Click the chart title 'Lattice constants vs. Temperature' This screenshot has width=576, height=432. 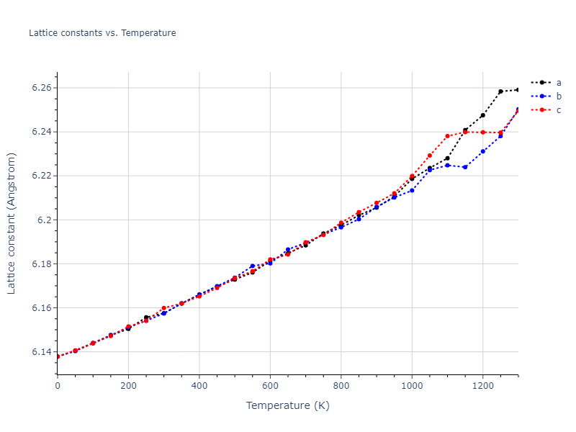[x=102, y=33]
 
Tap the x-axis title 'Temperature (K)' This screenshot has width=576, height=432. [x=287, y=405]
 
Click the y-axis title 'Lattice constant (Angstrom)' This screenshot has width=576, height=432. [x=12, y=223]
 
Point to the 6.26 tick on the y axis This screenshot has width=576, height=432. [x=41, y=88]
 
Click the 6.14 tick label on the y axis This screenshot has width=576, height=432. [x=41, y=352]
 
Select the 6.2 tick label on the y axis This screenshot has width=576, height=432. [x=44, y=220]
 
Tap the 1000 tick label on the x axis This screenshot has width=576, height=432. [x=412, y=386]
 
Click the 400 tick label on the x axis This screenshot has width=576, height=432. [x=199, y=386]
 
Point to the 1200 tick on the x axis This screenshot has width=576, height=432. [x=482, y=386]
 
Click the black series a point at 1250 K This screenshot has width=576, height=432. [x=500, y=91]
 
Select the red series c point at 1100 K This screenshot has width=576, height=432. [x=447, y=136]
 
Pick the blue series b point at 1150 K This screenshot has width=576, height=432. [x=465, y=167]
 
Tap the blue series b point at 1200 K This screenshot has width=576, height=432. [x=482, y=151]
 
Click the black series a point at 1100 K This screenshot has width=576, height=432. [x=447, y=158]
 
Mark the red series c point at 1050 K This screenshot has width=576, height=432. [x=430, y=156]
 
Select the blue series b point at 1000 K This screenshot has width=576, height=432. [x=412, y=190]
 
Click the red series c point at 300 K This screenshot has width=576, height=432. [x=164, y=308]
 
